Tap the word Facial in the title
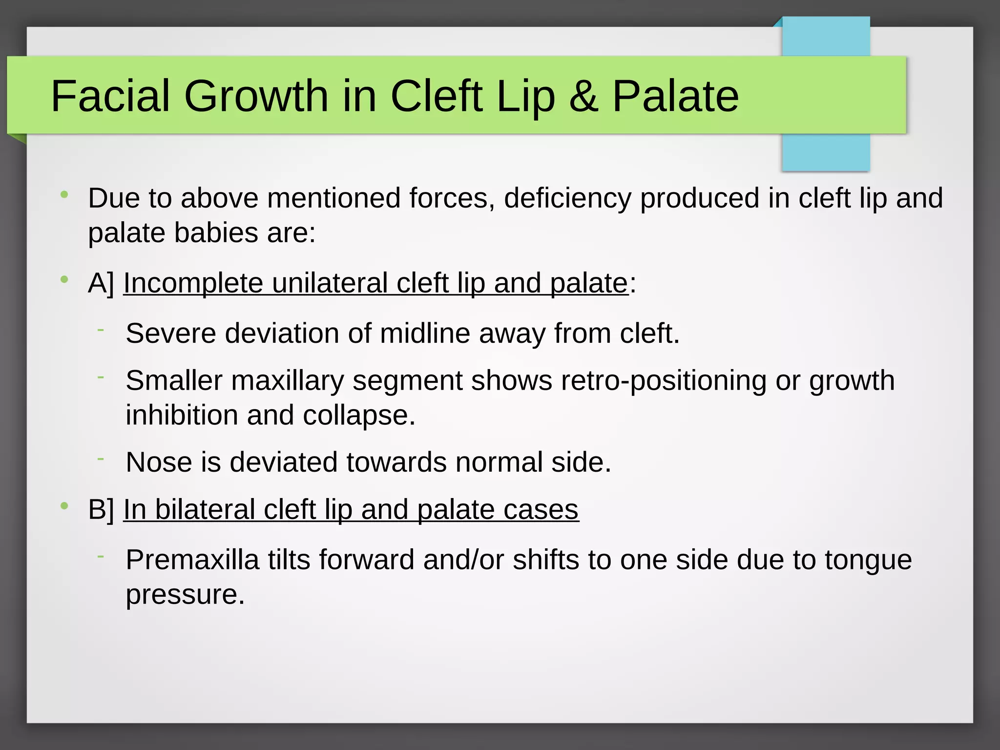tap(110, 96)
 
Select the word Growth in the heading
tap(256, 96)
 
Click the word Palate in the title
tap(675, 96)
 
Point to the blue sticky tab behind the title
tap(826, 151)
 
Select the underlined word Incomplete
tap(193, 283)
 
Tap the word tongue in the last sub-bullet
tap(868, 560)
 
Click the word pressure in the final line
tap(185, 594)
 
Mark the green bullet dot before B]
tap(64, 506)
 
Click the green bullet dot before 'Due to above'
tap(64, 195)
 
